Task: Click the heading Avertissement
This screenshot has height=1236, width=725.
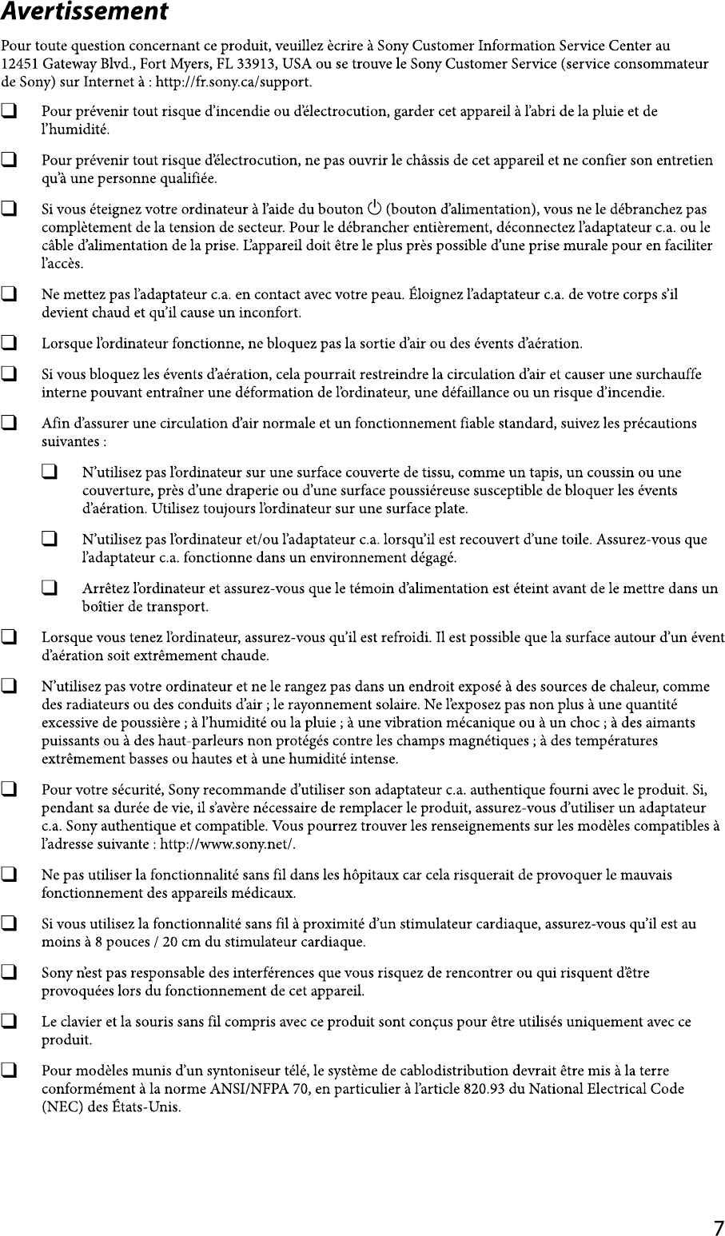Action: pyautogui.click(x=84, y=12)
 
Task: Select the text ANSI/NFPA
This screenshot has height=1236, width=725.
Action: pyautogui.click(x=257, y=1089)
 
